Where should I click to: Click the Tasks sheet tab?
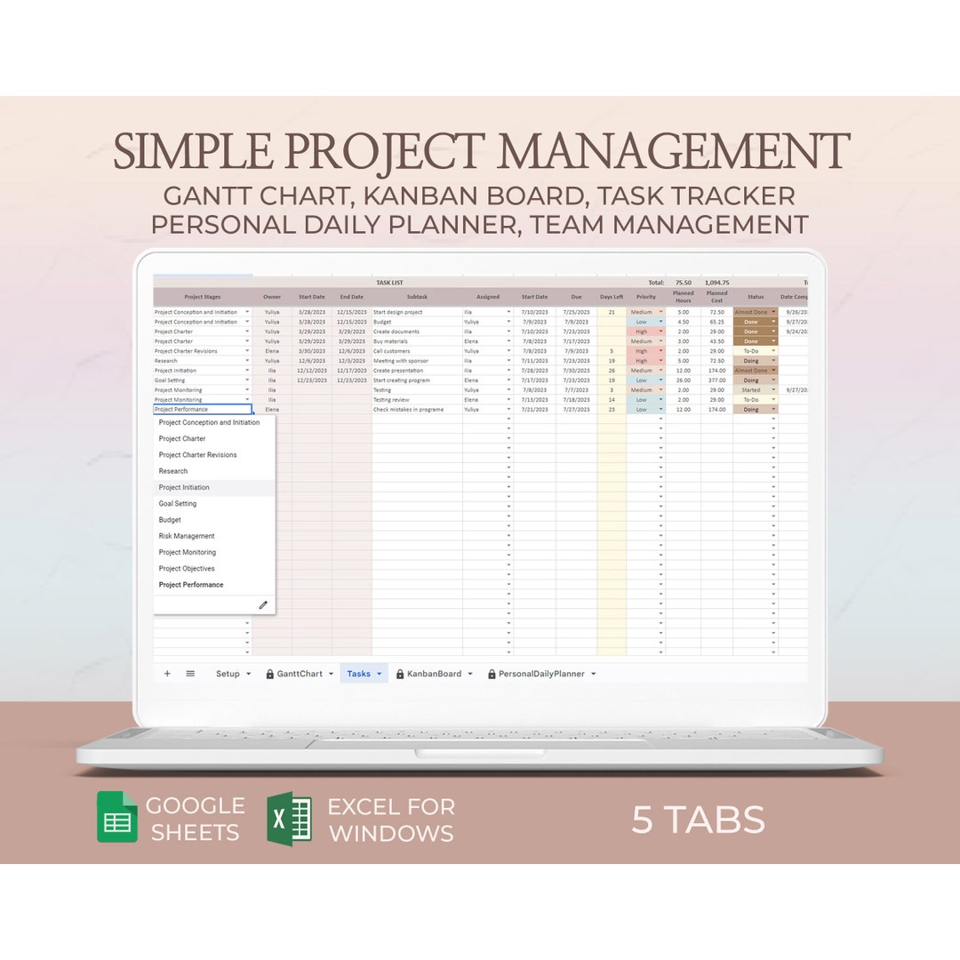pyautogui.click(x=359, y=674)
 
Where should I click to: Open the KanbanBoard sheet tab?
pyautogui.click(x=434, y=674)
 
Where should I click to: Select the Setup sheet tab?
pyautogui.click(x=228, y=674)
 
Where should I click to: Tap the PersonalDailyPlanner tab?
pyautogui.click(x=541, y=674)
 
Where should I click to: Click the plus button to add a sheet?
pyautogui.click(x=167, y=674)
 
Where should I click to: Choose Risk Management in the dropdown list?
pyautogui.click(x=187, y=536)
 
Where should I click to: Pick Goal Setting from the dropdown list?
pyautogui.click(x=178, y=504)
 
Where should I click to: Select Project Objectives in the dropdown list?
pyautogui.click(x=187, y=569)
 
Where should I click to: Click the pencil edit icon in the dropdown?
pyautogui.click(x=263, y=605)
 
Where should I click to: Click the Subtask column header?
pyautogui.click(x=417, y=297)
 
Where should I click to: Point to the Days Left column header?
pyautogui.click(x=612, y=297)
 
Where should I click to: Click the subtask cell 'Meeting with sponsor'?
pyautogui.click(x=401, y=361)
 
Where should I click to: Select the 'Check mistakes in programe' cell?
pyautogui.click(x=408, y=410)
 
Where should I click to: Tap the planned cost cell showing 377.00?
pyautogui.click(x=716, y=380)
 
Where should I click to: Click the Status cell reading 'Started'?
pyautogui.click(x=752, y=390)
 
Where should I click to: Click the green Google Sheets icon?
pyautogui.click(x=117, y=818)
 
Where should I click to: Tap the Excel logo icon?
pyautogui.click(x=289, y=819)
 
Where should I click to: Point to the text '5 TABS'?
pyautogui.click(x=698, y=820)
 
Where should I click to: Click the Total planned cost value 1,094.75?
pyautogui.click(x=716, y=283)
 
